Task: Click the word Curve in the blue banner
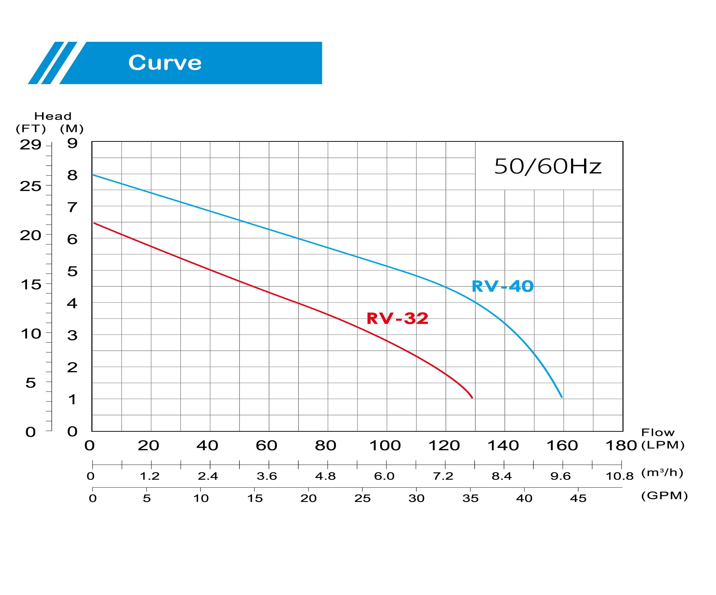(165, 63)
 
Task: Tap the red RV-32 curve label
(397, 318)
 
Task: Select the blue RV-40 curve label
(503, 286)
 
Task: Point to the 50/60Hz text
(548, 167)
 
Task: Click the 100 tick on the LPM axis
(385, 446)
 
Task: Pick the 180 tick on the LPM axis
(621, 446)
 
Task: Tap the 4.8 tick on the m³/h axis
(325, 476)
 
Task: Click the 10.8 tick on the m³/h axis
(620, 476)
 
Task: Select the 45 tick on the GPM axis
(578, 498)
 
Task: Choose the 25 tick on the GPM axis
(363, 498)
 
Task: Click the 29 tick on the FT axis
(30, 145)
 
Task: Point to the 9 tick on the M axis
(72, 143)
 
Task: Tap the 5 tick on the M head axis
(72, 272)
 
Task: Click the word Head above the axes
(53, 116)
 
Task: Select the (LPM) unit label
(663, 445)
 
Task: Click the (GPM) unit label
(665, 496)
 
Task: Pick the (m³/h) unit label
(662, 472)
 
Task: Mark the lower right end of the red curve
(472, 397)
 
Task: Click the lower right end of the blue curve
(562, 397)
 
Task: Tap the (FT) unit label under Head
(31, 129)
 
